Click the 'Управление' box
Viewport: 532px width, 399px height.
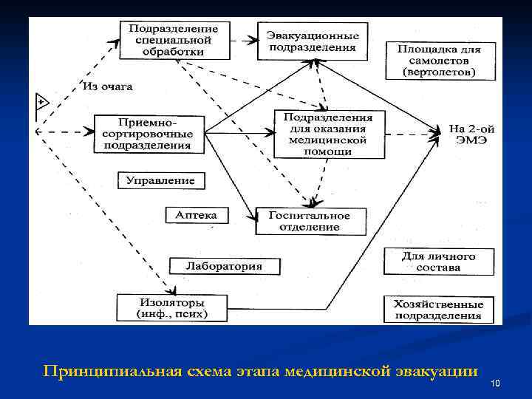(x=160, y=180)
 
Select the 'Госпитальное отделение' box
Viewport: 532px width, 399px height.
(x=310, y=220)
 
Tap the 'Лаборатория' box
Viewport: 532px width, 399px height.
(x=214, y=265)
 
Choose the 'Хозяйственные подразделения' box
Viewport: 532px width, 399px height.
(x=439, y=309)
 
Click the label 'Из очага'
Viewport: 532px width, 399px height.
(x=108, y=86)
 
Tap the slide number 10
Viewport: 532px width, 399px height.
(x=495, y=383)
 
